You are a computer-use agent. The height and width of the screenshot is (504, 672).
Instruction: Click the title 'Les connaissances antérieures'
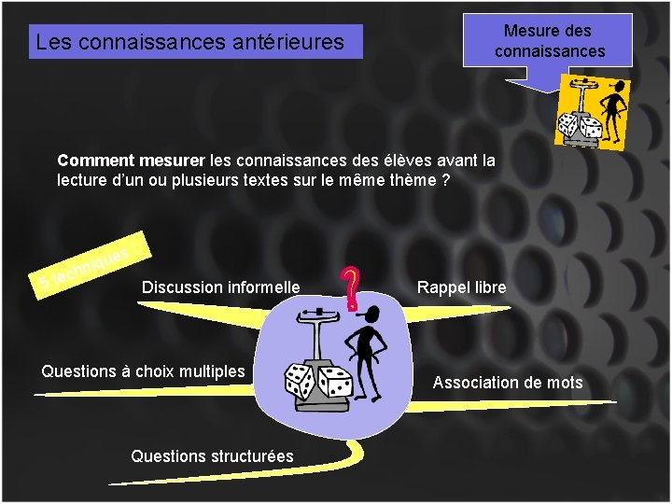point(189,42)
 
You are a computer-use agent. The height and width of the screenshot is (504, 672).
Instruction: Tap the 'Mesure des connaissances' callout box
point(550,42)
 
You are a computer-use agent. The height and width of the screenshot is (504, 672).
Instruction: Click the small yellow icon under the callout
point(593,109)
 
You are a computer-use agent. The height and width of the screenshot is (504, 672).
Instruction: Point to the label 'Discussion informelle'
point(220,287)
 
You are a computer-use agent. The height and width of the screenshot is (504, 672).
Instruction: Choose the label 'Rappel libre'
point(461,287)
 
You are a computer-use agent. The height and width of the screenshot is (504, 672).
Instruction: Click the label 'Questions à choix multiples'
point(143,371)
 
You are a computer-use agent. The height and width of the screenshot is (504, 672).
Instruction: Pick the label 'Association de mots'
point(507,382)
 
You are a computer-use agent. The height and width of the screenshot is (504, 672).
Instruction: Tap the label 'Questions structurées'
point(212,455)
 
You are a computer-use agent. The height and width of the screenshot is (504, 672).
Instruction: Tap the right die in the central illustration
point(335,381)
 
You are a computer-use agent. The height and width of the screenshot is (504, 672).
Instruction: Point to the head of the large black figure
point(372,313)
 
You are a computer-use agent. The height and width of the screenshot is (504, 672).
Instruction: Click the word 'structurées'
point(251,455)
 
